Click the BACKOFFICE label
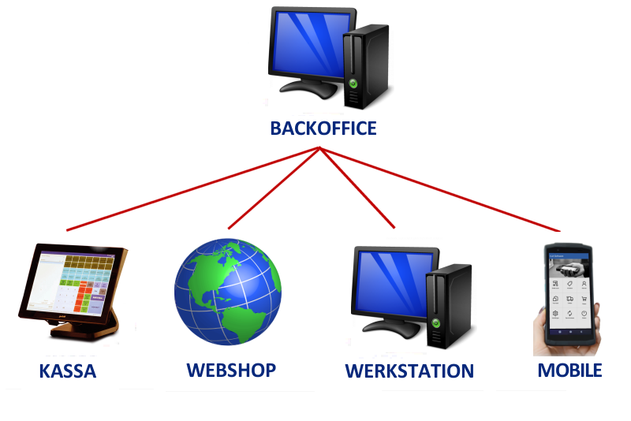[323, 128]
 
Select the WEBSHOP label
[231, 369]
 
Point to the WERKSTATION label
[409, 371]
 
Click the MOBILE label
[569, 370]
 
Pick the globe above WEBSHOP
[227, 292]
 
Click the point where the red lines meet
[319, 147]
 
